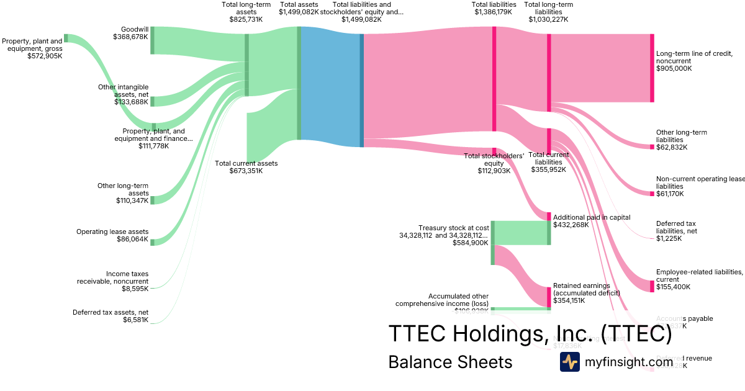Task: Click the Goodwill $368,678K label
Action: pyautogui.click(x=130, y=32)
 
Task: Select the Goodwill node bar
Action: pyautogui.click(x=152, y=40)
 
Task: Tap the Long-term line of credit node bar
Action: pyautogui.click(x=652, y=68)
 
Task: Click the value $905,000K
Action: pyautogui.click(x=674, y=68)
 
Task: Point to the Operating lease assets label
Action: pyautogui.click(x=112, y=235)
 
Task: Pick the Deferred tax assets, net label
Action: pyautogui.click(x=111, y=316)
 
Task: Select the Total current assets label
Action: pyautogui.click(x=246, y=167)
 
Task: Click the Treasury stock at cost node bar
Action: pyautogui.click(x=493, y=242)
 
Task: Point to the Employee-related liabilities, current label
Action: pyautogui.click(x=699, y=279)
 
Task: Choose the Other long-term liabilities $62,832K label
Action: pyautogui.click(x=681, y=140)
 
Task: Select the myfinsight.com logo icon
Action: pyautogui.click(x=570, y=362)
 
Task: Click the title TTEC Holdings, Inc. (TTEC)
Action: pyautogui.click(x=530, y=334)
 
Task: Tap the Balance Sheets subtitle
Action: pyautogui.click(x=450, y=362)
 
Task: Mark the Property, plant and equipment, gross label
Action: pyautogui.click(x=32, y=48)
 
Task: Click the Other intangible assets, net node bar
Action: pyautogui.click(x=152, y=101)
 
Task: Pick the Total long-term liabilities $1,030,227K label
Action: pyautogui.click(x=548, y=12)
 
